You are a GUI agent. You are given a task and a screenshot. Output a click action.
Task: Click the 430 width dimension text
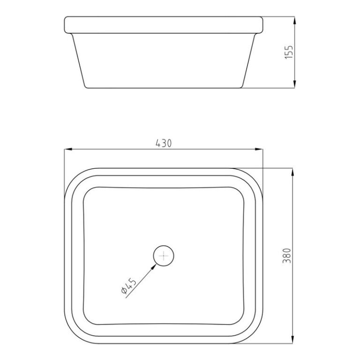(x=163, y=144)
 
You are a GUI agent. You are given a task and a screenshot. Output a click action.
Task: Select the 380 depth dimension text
(x=288, y=255)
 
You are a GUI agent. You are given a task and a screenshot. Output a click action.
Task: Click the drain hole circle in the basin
(x=164, y=256)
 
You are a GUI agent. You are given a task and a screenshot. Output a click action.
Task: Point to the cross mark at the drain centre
(x=164, y=256)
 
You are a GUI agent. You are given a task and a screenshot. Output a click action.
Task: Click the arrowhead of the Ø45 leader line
(x=155, y=265)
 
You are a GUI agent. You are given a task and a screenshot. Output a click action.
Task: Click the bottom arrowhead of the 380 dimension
(x=294, y=339)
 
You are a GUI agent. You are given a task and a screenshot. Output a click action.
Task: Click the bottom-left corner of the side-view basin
(x=85, y=87)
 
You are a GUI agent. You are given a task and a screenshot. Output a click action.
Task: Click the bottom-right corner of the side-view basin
(x=241, y=87)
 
